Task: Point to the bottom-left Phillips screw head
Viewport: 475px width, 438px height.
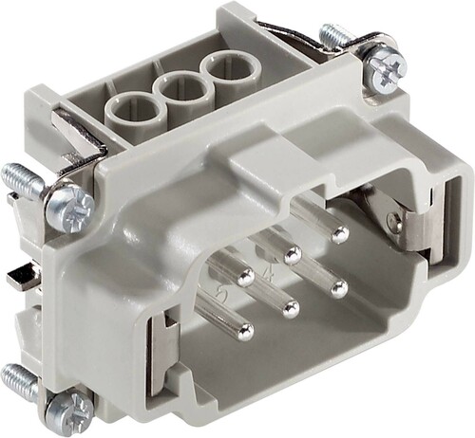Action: click(70, 407)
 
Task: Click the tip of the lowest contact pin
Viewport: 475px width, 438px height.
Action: click(245, 331)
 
